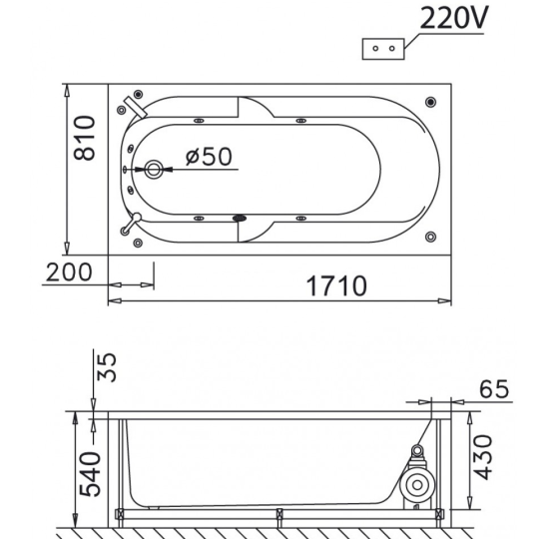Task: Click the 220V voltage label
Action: [x=453, y=18]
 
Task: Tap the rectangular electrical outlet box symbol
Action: [x=383, y=49]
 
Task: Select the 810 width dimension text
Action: [x=84, y=138]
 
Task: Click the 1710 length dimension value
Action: [x=336, y=285]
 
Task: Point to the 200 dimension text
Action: [x=69, y=271]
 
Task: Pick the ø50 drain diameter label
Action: [x=209, y=157]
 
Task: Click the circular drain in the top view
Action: [x=154, y=169]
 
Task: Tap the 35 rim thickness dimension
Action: [x=107, y=366]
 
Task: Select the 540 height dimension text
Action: [x=90, y=474]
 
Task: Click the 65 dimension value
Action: [x=494, y=389]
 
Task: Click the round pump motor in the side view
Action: [x=417, y=485]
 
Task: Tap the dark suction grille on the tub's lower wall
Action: [x=240, y=218]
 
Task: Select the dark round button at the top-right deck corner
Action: [x=431, y=102]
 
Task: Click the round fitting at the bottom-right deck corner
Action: [x=431, y=237]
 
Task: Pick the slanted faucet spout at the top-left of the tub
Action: [x=136, y=107]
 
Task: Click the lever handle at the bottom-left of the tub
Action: [x=131, y=224]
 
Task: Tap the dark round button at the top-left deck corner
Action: [x=138, y=94]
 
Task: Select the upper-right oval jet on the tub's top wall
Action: [x=300, y=121]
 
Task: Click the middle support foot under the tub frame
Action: [x=279, y=516]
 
